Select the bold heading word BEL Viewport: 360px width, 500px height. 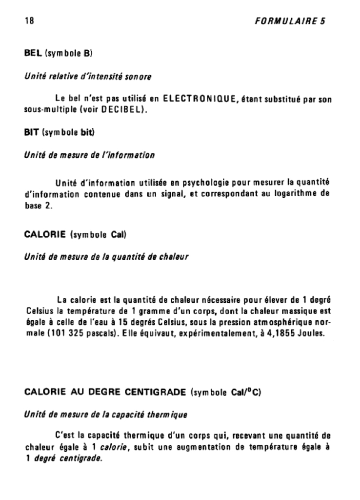coord(33,53)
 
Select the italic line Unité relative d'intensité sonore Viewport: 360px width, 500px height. coord(87,77)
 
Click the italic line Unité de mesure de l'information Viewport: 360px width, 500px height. coord(89,155)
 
